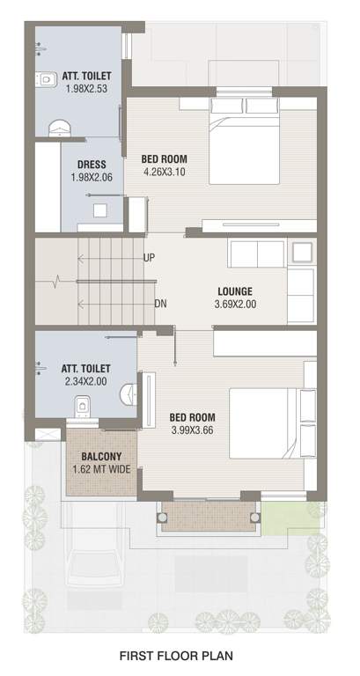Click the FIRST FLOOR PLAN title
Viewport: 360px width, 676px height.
180,656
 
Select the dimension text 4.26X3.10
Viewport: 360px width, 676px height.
165,173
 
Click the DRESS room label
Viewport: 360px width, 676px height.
92,165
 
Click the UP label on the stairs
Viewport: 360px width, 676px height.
150,258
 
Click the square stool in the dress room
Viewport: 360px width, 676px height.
100,210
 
